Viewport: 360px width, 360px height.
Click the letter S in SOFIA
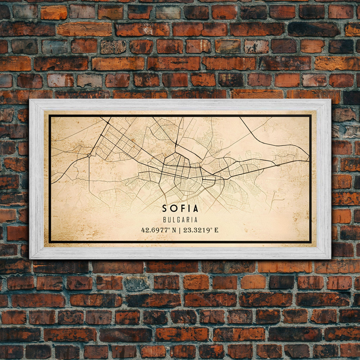pos(165,209)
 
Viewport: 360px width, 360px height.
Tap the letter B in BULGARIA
pos(165,220)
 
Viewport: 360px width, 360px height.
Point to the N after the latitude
pos(174,230)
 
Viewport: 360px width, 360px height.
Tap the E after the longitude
pos(216,230)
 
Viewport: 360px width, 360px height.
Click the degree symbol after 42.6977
pos(169,229)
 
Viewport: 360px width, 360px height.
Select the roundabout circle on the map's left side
pos(89,155)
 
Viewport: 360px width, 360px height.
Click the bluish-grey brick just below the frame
pos(136,283)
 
